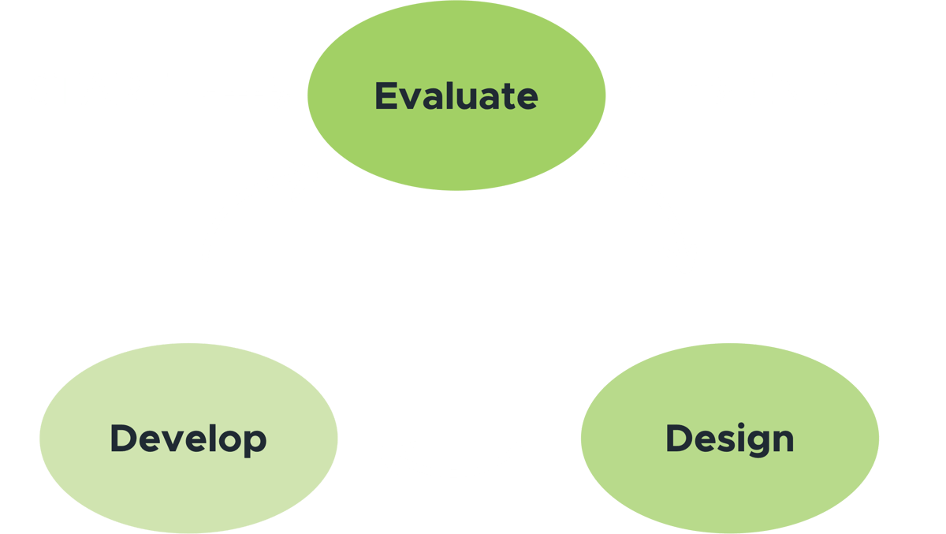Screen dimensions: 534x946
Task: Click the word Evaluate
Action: tap(456, 95)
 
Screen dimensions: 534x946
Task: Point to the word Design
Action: tap(729, 439)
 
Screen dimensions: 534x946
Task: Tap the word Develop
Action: tap(188, 439)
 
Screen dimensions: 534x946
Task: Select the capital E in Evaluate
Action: tap(385, 95)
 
